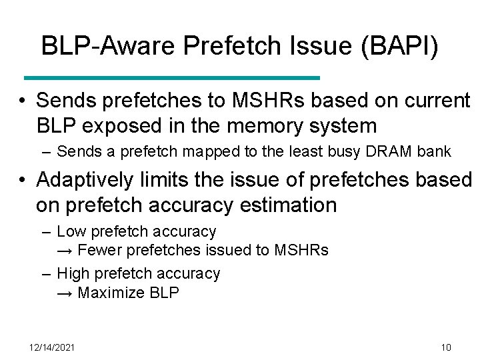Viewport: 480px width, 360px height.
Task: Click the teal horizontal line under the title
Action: [x=171, y=78]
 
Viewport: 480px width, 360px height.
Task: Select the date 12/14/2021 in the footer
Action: [x=53, y=347]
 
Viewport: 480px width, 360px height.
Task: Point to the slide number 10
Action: [x=446, y=347]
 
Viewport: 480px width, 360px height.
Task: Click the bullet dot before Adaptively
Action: [x=23, y=180]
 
